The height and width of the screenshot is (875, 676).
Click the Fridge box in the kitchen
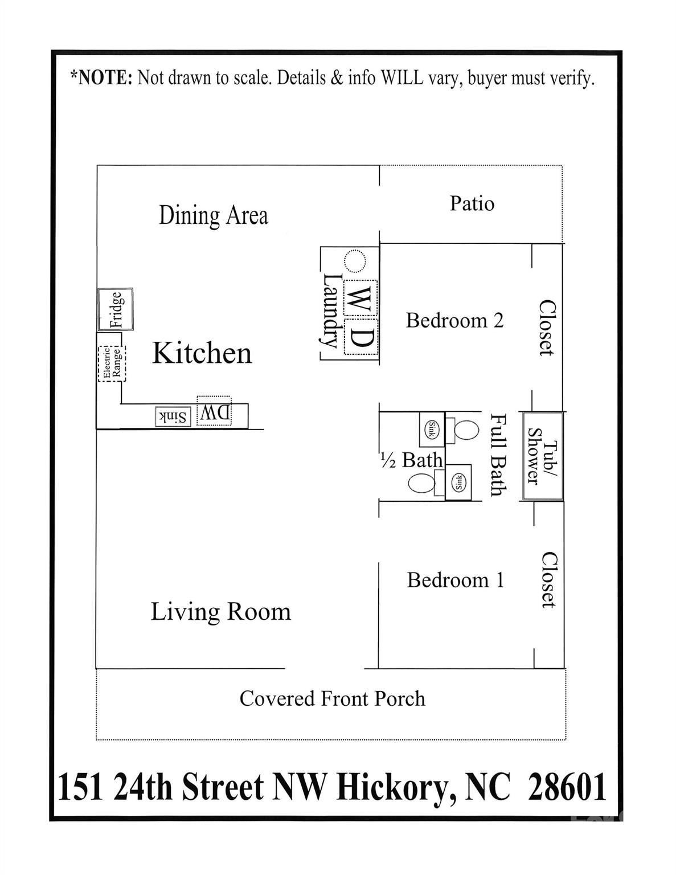116,309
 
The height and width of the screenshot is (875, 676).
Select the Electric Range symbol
112,363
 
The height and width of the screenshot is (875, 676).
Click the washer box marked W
360,297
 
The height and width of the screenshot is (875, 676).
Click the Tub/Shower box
542,456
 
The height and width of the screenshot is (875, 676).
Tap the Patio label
472,203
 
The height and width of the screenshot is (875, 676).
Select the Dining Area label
213,215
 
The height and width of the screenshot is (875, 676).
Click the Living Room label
220,612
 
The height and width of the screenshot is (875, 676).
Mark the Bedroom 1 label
455,580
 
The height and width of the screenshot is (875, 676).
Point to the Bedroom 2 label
454,320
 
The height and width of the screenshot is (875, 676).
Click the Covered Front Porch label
332,698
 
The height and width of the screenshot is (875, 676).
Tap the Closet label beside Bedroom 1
548,579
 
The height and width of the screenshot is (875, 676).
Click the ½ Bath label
411,460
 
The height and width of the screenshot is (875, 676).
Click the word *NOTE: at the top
101,77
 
